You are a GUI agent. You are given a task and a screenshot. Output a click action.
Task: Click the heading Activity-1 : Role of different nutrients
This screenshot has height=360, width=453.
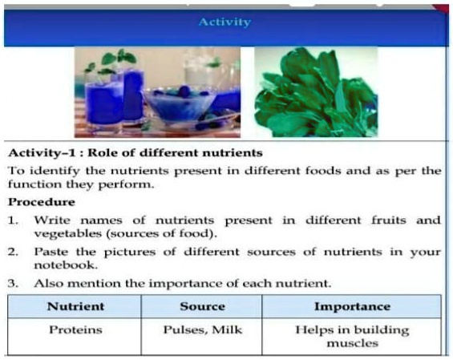(135, 153)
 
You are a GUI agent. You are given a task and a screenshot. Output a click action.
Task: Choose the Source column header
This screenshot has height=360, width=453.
(202, 306)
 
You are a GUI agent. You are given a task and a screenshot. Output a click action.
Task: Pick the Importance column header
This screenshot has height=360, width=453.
(352, 306)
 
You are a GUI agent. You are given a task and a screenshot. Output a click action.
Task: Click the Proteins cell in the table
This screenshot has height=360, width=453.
(74, 330)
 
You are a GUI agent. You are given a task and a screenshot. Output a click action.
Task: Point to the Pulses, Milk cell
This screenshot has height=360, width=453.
(202, 330)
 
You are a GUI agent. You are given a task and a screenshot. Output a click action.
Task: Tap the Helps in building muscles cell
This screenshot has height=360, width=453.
(352, 337)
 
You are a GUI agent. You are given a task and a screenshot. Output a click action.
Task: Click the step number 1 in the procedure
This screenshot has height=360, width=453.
(13, 219)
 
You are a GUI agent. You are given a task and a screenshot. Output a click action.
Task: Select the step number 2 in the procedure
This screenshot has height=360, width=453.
(13, 251)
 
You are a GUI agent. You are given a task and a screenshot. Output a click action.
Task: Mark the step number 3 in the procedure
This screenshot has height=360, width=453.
(13, 283)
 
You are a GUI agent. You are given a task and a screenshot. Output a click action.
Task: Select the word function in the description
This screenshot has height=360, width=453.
(30, 185)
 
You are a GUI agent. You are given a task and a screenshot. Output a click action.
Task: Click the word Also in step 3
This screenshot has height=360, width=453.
(47, 283)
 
